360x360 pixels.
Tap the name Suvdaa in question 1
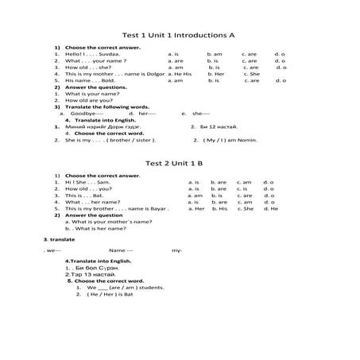(x=108, y=54)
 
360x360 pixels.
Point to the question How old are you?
(x=87, y=100)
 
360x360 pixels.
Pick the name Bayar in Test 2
(x=158, y=208)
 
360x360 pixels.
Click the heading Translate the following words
(x=95, y=107)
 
